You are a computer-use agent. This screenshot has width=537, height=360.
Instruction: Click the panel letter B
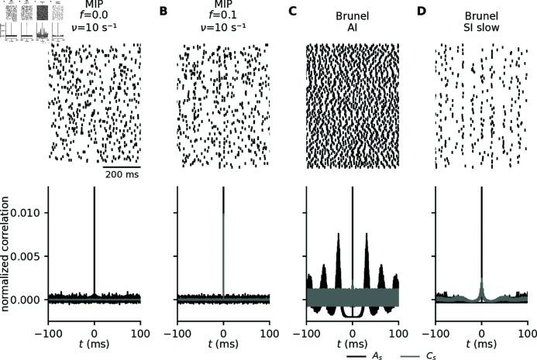click(164, 11)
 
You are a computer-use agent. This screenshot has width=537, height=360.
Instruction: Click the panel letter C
click(292, 11)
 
